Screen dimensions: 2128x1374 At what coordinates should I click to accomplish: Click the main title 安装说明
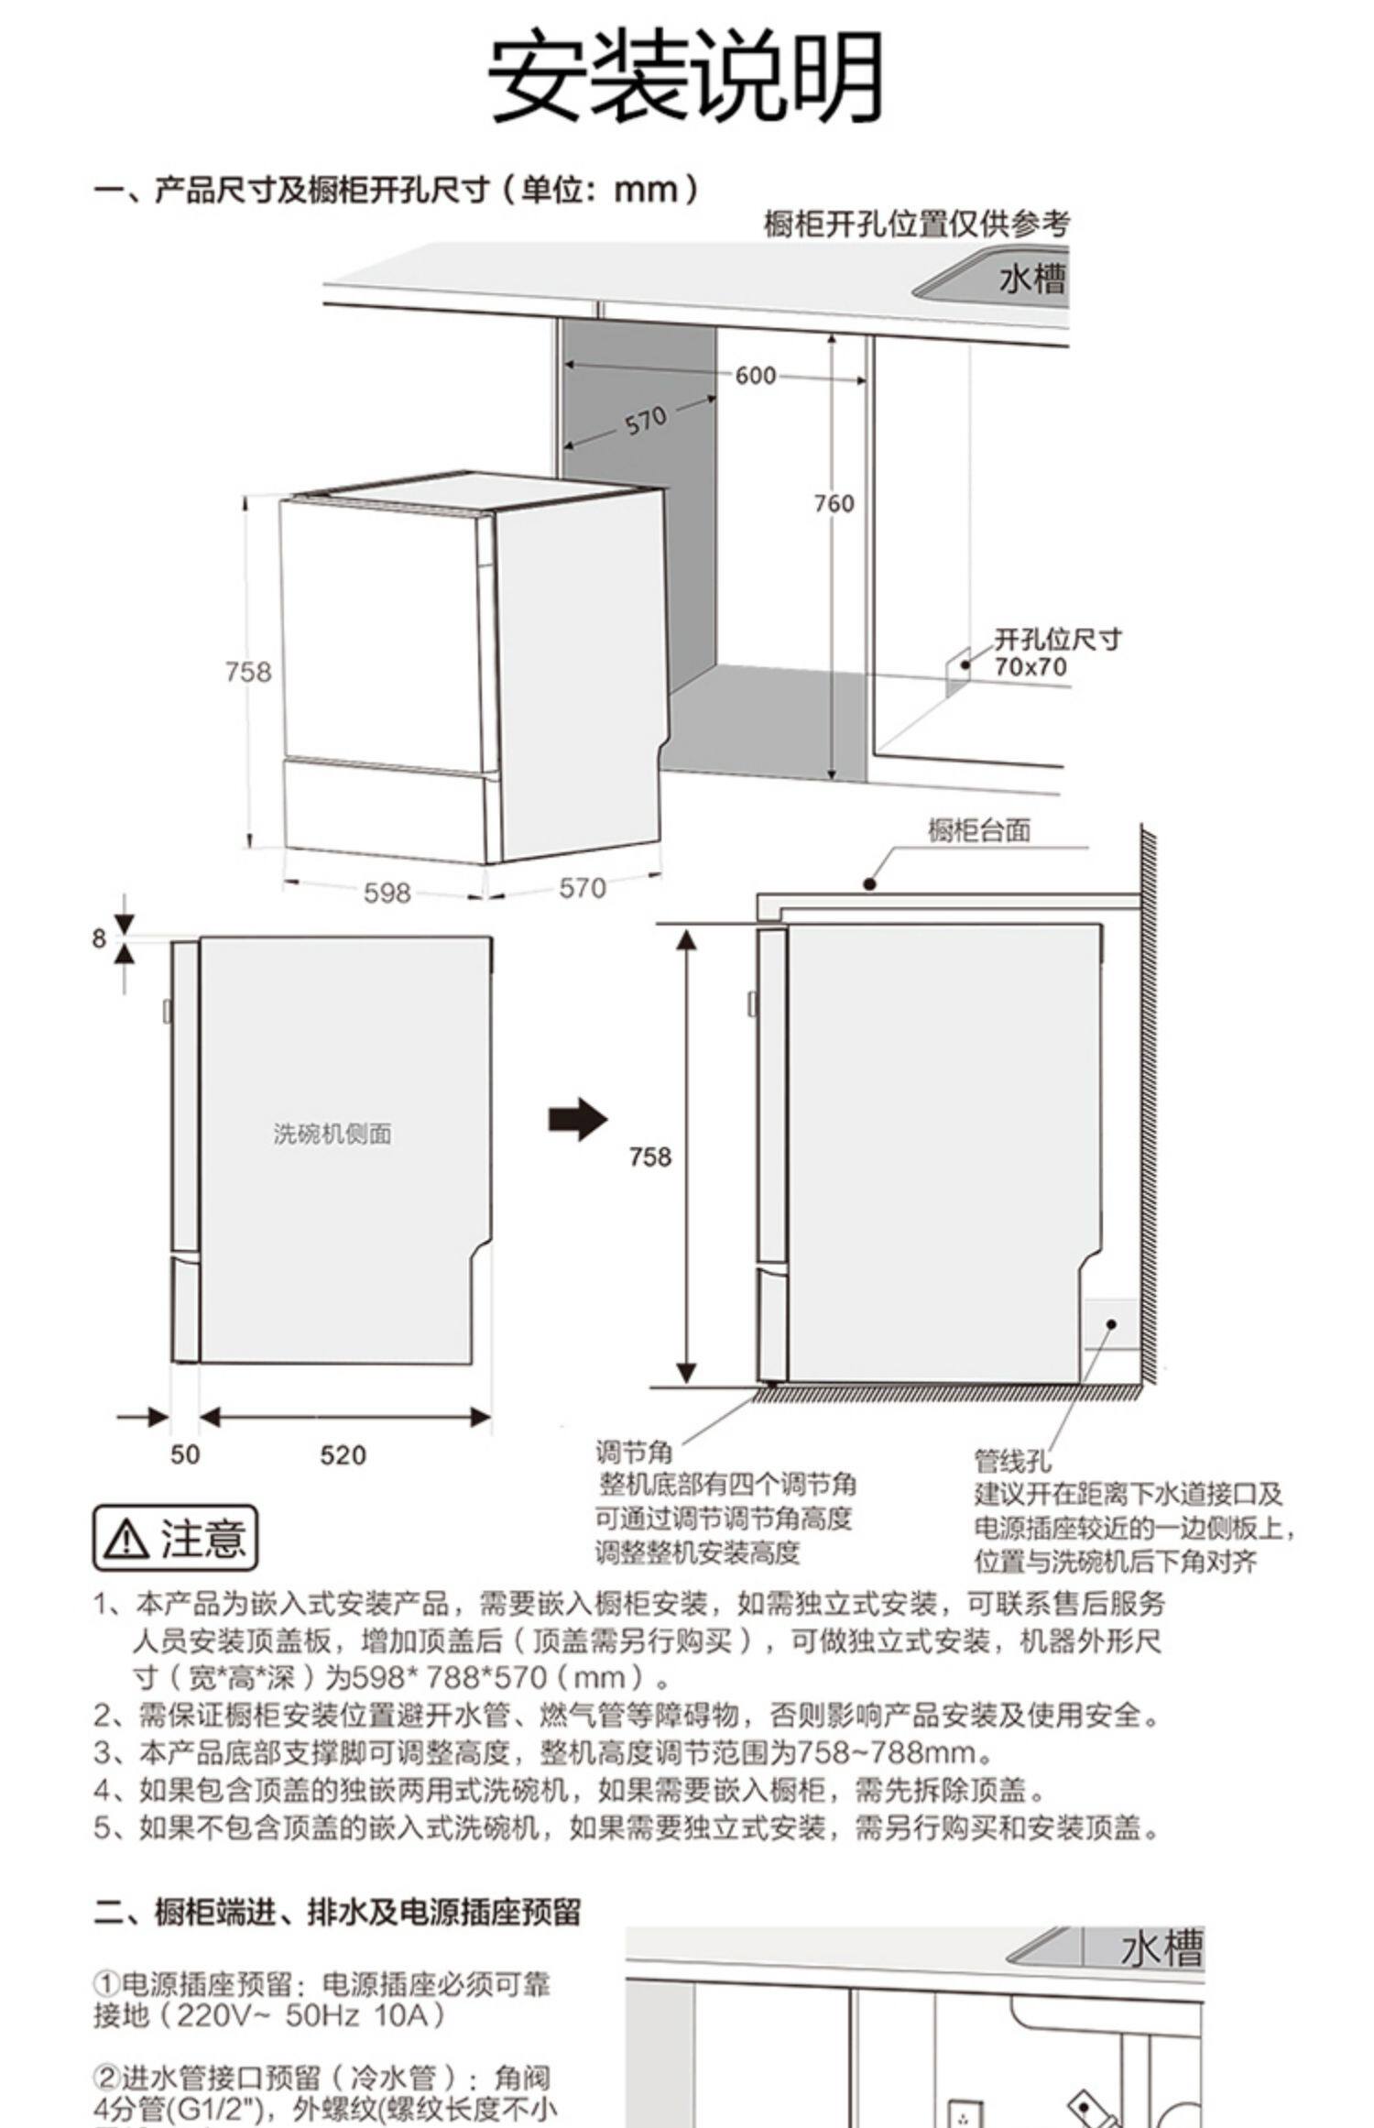(685, 77)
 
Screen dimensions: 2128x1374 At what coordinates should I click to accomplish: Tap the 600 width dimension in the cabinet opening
(755, 376)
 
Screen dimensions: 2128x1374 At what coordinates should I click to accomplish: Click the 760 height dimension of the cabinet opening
(834, 503)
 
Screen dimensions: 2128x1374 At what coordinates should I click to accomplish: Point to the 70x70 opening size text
(1031, 666)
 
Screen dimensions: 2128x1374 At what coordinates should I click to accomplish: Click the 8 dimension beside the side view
(99, 938)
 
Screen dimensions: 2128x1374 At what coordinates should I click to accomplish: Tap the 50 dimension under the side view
(184, 1454)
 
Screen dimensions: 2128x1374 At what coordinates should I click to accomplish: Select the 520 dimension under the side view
(343, 1454)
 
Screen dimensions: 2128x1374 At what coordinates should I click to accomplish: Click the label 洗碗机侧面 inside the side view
(333, 1134)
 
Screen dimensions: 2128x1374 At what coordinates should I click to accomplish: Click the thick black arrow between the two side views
(577, 1120)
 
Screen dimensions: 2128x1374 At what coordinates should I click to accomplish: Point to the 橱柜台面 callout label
(979, 830)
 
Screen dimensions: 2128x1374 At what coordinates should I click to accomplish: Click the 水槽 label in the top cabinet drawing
(1032, 278)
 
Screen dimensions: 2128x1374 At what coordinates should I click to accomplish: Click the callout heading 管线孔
(1012, 1461)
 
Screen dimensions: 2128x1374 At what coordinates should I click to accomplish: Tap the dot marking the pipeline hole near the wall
(1110, 1324)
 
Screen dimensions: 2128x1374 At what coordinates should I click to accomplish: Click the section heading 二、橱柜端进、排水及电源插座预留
(338, 1912)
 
